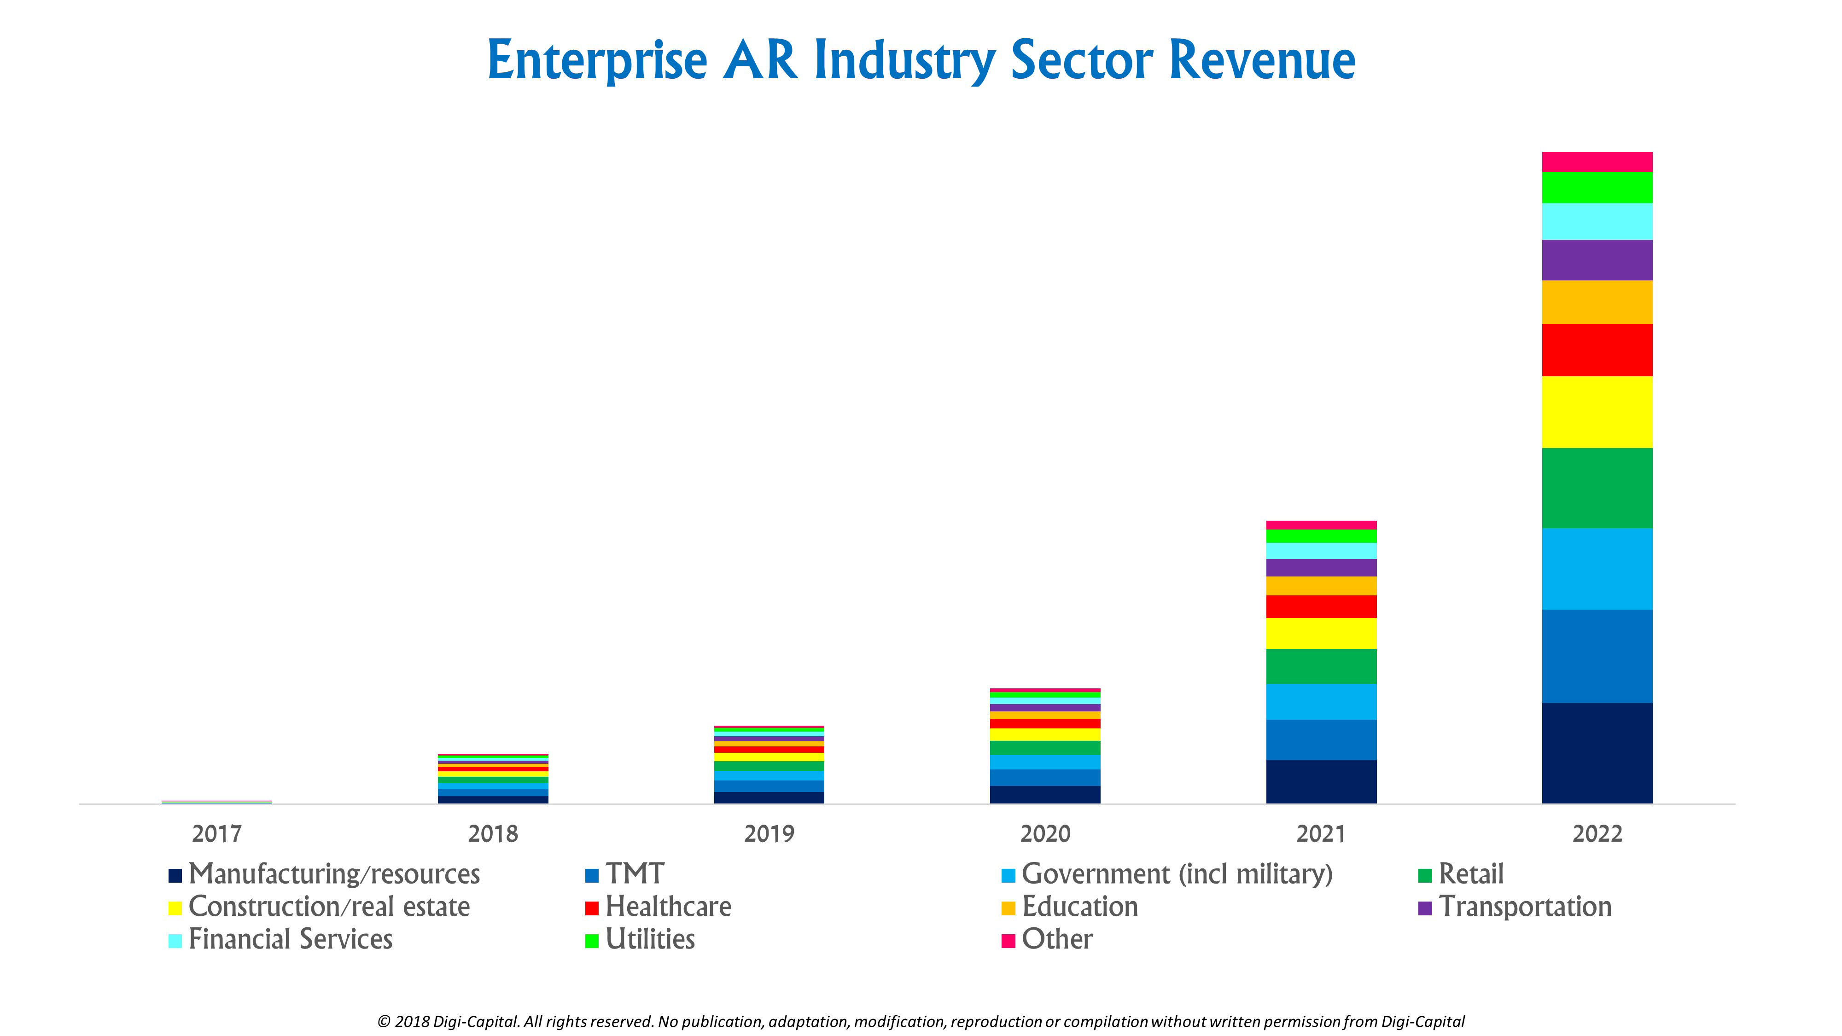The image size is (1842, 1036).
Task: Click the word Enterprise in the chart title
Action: pos(597,62)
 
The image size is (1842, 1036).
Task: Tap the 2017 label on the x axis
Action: pos(216,834)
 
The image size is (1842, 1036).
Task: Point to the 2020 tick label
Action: pos(1045,834)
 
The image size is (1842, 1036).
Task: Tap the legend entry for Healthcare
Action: pos(668,907)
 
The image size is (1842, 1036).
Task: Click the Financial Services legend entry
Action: pos(290,939)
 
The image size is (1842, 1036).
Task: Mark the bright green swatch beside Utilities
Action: pos(591,941)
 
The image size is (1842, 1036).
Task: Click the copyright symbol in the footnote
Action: pos(384,1022)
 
